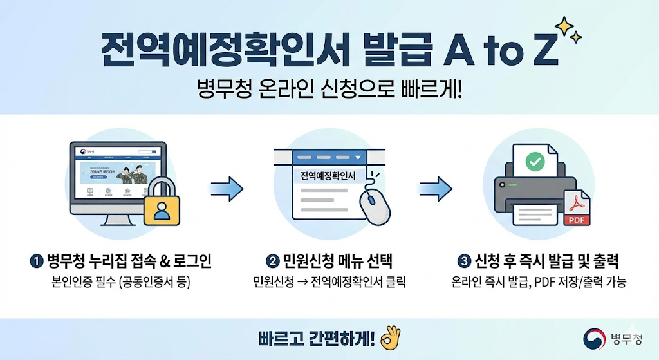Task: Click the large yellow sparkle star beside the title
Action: click(564, 26)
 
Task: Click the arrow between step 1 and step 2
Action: click(227, 189)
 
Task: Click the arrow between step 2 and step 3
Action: click(436, 189)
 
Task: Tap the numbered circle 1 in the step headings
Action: click(36, 261)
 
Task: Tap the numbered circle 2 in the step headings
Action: click(272, 261)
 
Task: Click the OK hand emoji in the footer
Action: click(389, 337)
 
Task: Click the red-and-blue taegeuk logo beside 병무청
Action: click(595, 339)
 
